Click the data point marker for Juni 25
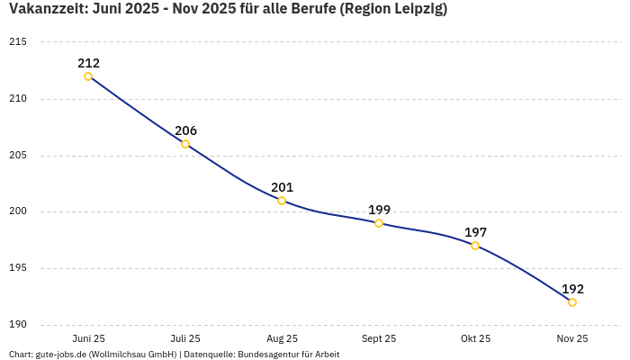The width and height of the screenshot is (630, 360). pyautogui.click(x=88, y=76)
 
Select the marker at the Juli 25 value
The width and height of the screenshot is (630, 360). pyautogui.click(x=185, y=144)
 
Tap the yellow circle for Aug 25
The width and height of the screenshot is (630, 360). pyautogui.click(x=282, y=201)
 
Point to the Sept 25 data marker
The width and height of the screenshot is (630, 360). pyautogui.click(x=379, y=223)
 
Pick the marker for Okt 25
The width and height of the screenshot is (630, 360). pyautogui.click(x=475, y=246)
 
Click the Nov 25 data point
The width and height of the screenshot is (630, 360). pyautogui.click(x=572, y=302)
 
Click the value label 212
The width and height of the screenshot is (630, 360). pyautogui.click(x=88, y=63)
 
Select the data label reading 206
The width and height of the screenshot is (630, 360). pyautogui.click(x=185, y=130)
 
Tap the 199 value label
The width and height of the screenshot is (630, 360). pyautogui.click(x=379, y=210)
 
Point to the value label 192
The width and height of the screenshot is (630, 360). pyautogui.click(x=572, y=289)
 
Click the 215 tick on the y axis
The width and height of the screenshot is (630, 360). pyautogui.click(x=18, y=42)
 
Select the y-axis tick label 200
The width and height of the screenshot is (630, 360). pyautogui.click(x=18, y=211)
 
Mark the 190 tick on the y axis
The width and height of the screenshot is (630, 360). pyautogui.click(x=18, y=325)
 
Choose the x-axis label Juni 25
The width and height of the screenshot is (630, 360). pyautogui.click(x=88, y=338)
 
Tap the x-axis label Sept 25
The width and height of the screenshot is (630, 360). pyautogui.click(x=379, y=338)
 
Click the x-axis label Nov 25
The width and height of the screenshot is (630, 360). pyautogui.click(x=572, y=338)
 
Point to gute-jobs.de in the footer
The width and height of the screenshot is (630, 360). pyautogui.click(x=62, y=355)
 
